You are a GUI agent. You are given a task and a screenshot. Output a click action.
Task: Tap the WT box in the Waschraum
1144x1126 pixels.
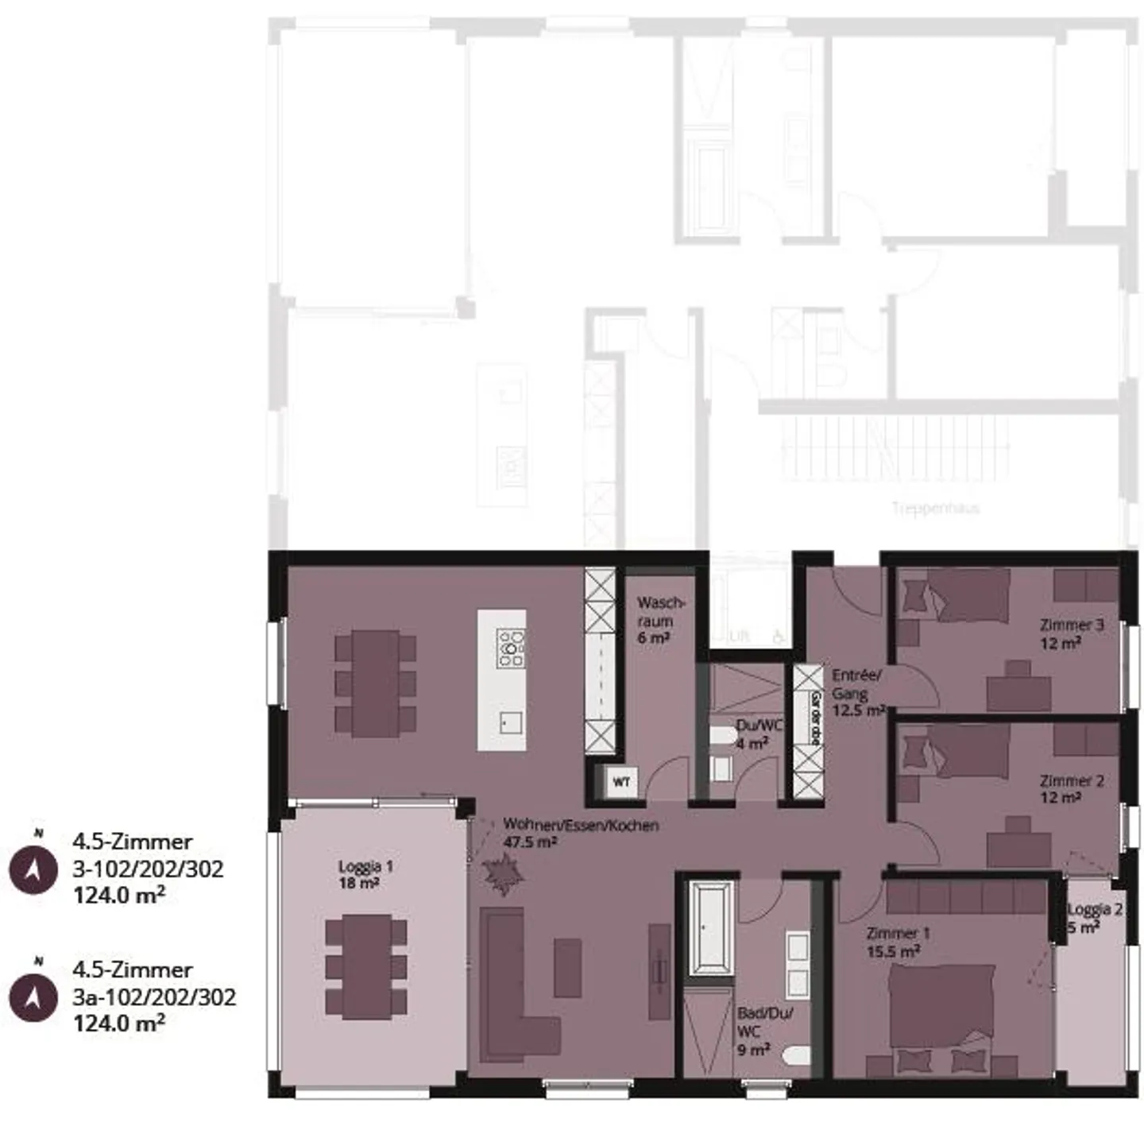click(x=621, y=782)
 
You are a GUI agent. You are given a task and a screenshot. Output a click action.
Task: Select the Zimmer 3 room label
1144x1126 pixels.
click(x=1072, y=633)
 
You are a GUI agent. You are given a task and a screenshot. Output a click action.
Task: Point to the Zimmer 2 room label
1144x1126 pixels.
click(x=1071, y=789)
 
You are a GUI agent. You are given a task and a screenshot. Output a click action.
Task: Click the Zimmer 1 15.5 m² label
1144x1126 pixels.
click(x=898, y=942)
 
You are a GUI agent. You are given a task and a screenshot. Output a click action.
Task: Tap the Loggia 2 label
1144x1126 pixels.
click(x=1094, y=917)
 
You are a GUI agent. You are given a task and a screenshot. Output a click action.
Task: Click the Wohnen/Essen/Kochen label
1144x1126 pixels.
click(x=580, y=833)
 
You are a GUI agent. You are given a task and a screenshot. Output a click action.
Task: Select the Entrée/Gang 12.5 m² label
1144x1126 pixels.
click(x=856, y=693)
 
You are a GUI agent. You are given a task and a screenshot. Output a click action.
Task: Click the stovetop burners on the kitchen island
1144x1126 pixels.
click(x=510, y=648)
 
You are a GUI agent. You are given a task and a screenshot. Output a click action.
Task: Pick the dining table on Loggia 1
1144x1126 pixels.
click(x=366, y=966)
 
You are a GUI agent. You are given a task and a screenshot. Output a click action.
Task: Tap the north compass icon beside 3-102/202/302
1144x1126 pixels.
click(x=33, y=869)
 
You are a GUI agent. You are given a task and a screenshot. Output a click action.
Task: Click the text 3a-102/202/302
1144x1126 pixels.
click(x=154, y=996)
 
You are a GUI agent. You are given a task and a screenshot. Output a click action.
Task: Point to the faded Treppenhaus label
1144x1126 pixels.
click(x=935, y=508)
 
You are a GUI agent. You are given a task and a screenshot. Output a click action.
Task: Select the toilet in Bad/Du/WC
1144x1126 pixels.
click(x=795, y=1056)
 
